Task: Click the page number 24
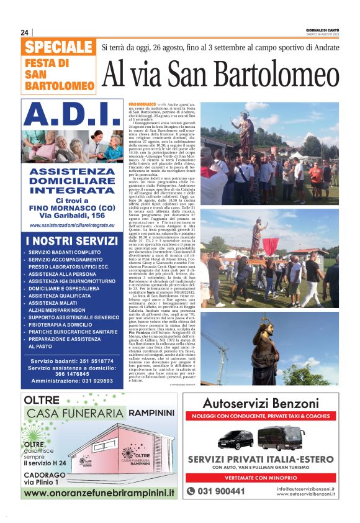(x=25, y=32)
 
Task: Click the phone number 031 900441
(x=220, y=491)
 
